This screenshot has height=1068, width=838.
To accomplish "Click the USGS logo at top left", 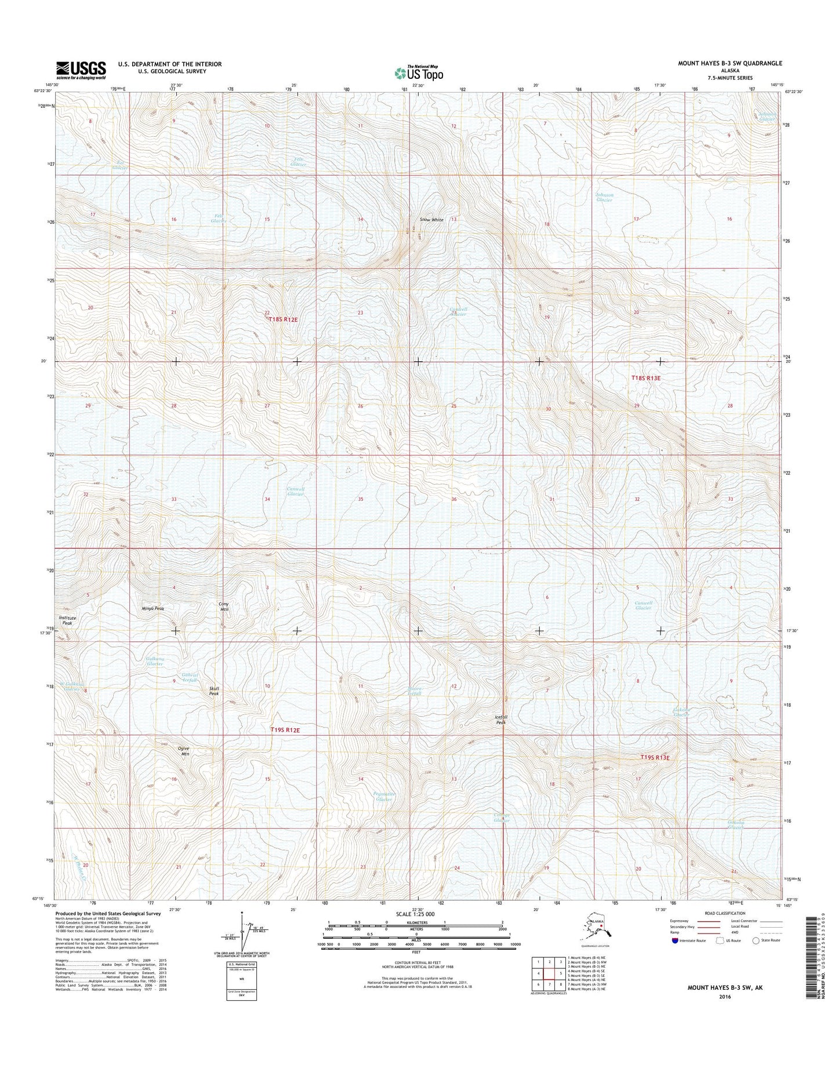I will [81, 70].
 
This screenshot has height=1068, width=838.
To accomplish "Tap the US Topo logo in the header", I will [419, 72].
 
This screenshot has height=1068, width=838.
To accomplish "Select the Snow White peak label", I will [431, 220].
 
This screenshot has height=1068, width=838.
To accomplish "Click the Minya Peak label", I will [153, 609].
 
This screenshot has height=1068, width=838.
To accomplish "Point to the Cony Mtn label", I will [223, 606].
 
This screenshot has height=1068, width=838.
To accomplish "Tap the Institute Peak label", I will [67, 620].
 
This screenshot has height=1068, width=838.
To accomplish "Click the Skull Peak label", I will [214, 691].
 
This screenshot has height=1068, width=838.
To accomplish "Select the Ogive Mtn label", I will [184, 751].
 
